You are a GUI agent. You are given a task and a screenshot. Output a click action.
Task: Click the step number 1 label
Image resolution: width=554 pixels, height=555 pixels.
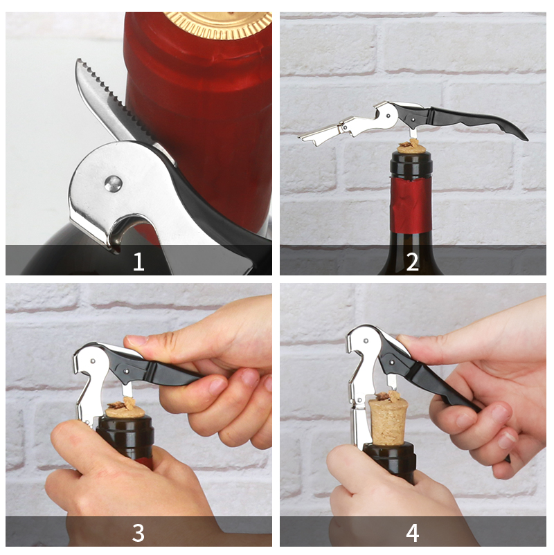pos(138,261)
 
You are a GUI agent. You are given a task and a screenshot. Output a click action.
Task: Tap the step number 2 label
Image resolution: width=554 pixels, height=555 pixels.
pos(412,261)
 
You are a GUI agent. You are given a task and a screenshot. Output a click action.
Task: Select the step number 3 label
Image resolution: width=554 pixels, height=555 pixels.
pos(138,532)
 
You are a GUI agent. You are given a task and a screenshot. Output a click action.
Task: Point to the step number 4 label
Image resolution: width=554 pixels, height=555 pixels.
pos(413,532)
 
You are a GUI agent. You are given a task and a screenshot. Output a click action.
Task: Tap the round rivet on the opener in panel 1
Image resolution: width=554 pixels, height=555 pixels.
pos(114,184)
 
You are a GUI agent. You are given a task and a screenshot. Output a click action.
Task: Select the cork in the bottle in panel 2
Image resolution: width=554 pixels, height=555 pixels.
pos(411,147)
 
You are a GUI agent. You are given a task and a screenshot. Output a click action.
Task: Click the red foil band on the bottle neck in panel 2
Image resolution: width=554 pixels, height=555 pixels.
pos(411,206)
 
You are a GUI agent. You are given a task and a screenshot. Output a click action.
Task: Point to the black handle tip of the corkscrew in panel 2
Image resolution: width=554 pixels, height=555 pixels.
pos(524,137)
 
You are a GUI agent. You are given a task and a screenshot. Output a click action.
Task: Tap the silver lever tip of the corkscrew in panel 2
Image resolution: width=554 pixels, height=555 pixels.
pos(305,138)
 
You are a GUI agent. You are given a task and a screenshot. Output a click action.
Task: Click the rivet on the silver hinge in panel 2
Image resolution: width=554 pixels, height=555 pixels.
pos(388,116)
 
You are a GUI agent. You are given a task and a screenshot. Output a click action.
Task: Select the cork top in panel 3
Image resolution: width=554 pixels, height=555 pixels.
pos(125,410)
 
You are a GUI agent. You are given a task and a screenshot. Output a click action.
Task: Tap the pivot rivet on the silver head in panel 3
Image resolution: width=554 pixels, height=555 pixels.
pos(93,361)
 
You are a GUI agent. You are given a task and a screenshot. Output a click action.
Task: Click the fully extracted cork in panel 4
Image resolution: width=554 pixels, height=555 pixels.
pos(388,421)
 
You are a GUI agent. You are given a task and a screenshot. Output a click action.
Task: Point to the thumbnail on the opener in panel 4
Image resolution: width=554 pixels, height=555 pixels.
pos(404,338)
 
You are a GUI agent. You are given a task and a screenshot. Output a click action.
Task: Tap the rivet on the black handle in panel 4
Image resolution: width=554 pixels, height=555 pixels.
pos(392,363)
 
